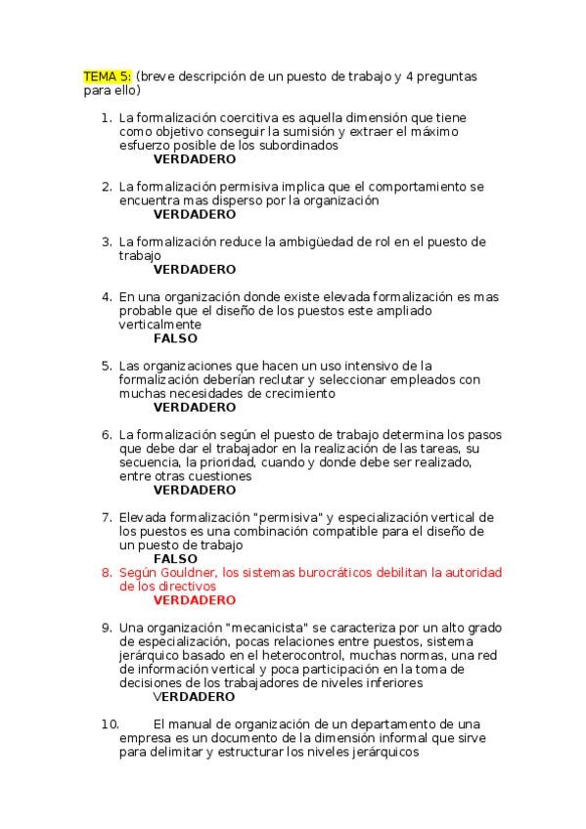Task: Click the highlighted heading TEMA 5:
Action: (x=107, y=76)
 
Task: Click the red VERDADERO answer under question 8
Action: (x=195, y=600)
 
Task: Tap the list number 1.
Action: (x=106, y=117)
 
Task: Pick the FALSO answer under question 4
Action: (x=175, y=338)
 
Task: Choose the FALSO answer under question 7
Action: (x=175, y=559)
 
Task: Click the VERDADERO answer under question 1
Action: (x=195, y=158)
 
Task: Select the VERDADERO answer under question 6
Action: (x=195, y=490)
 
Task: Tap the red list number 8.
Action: (x=106, y=573)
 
